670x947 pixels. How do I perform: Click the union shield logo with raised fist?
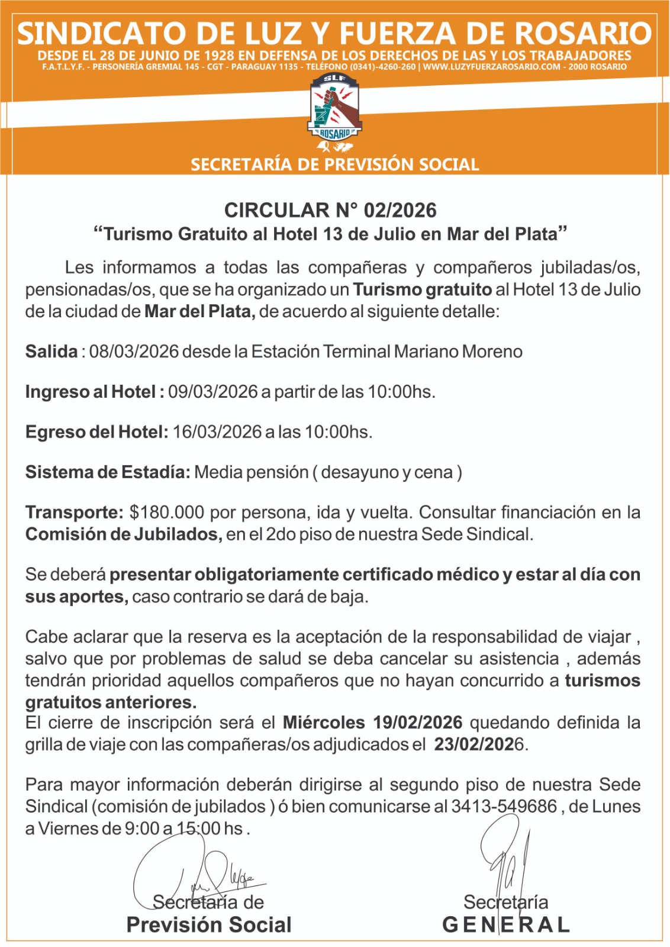coord(335,110)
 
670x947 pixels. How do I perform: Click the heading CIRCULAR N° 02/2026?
coord(330,210)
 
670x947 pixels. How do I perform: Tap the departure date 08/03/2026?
coord(134,352)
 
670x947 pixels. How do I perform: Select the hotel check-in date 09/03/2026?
coord(213,392)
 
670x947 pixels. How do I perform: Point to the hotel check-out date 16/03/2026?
coord(217,432)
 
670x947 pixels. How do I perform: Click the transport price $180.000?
coord(166,512)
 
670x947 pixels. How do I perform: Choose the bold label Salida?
coord(51,352)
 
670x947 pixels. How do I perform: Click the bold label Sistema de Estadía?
coord(108,472)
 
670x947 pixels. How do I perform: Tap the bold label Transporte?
coord(74,512)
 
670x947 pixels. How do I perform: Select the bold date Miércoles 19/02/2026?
coord(372,723)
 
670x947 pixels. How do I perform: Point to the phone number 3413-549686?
coord(504,807)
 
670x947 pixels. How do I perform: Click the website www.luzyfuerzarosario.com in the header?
coord(491,67)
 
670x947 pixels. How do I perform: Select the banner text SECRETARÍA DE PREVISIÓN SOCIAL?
coord(334,165)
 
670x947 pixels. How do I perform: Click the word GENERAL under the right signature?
coord(506,925)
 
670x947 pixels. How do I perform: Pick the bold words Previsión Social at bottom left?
coord(209,925)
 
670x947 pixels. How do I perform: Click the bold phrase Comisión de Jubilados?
coord(124,534)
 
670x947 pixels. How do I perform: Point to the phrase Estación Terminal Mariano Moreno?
coord(387,352)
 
